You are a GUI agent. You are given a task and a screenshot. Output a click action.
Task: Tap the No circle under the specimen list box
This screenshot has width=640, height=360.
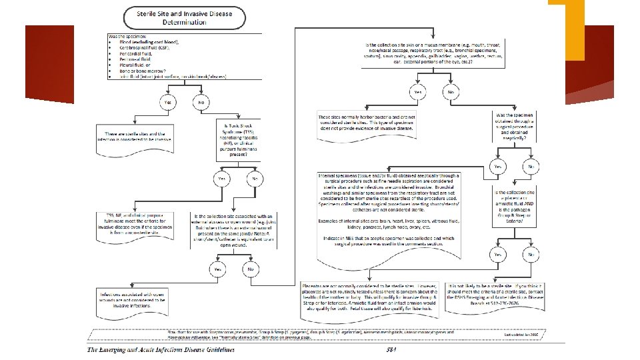coord(199,103)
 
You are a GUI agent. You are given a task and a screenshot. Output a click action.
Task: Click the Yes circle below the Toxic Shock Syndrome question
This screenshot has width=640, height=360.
coord(221,178)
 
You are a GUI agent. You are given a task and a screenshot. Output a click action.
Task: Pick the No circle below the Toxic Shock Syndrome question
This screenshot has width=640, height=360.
coord(255,178)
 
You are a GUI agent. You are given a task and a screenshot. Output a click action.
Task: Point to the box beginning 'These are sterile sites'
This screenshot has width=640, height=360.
coord(134,137)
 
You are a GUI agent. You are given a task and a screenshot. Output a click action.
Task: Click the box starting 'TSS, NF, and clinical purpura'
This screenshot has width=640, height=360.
coord(134,221)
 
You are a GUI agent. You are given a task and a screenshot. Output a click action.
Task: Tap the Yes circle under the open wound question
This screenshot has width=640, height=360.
coord(217,269)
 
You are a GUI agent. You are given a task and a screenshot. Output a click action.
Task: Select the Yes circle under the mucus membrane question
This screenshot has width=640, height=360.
coord(418,91)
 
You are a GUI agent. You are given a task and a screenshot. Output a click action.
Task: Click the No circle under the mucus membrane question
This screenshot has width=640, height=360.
coord(451,91)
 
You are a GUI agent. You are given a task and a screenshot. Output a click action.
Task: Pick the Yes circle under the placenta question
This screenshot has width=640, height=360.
coord(497,254)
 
